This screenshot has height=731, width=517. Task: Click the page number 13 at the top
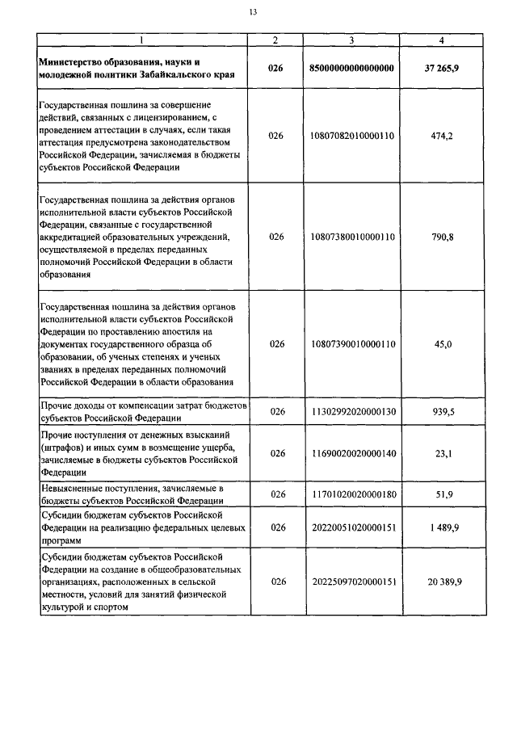(253, 12)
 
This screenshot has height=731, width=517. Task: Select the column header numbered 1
(143, 40)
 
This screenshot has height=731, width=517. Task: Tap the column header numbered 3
(351, 40)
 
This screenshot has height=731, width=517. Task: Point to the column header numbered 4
(440, 40)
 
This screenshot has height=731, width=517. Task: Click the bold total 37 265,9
(441, 68)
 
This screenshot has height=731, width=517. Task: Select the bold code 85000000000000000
(351, 68)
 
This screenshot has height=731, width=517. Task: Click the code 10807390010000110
(351, 343)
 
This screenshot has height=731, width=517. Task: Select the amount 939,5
(442, 411)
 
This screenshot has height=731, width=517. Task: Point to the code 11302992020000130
(351, 411)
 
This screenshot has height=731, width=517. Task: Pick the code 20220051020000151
(351, 527)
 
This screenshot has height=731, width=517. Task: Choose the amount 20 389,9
(441, 582)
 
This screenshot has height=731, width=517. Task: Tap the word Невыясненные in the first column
(73, 488)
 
